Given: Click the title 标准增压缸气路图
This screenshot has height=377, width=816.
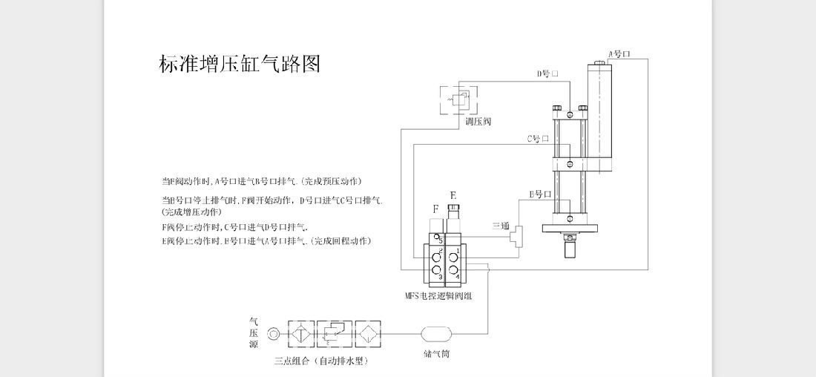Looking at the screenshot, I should click(x=240, y=65).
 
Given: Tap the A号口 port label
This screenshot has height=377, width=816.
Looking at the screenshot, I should click(x=619, y=54).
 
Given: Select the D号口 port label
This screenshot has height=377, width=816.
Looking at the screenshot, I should click(x=547, y=74).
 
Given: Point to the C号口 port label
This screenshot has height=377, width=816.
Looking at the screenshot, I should click(x=538, y=139).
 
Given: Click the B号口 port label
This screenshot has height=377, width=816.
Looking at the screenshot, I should click(x=540, y=194).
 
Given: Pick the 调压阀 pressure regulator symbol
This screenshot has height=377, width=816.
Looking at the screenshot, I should click(x=458, y=99).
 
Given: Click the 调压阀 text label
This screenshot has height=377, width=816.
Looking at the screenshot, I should click(x=478, y=121).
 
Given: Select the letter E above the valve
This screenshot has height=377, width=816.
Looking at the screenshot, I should click(x=453, y=195).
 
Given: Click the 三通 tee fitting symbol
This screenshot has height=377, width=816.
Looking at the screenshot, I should click(x=516, y=235).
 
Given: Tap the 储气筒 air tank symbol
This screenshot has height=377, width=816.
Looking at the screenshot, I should click(x=436, y=335).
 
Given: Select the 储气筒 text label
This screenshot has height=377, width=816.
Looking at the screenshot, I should click(x=436, y=354).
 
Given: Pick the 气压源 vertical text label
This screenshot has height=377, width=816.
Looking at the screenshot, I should click(x=254, y=334).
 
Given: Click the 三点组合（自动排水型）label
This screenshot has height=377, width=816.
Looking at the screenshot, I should click(x=321, y=361).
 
